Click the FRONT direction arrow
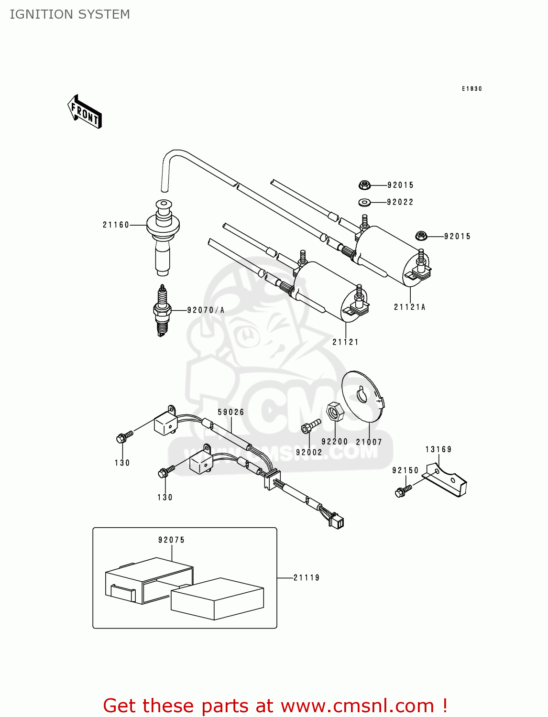pyautogui.click(x=85, y=112)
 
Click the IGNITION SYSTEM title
pyautogui.click(x=70, y=14)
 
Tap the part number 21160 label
pyautogui.click(x=116, y=225)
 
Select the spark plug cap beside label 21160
pyautogui.click(x=163, y=236)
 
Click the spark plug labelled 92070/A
pyautogui.click(x=163, y=311)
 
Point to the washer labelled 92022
pyautogui.click(x=364, y=203)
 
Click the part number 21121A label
pyautogui.click(x=409, y=307)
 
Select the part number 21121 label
pyautogui.click(x=345, y=342)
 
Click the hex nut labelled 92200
pyautogui.click(x=334, y=412)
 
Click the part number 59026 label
pyautogui.click(x=231, y=412)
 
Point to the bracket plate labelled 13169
pyautogui.click(x=447, y=479)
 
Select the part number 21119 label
pyautogui.click(x=307, y=577)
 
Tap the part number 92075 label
pyautogui.click(x=171, y=540)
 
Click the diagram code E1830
pyautogui.click(x=471, y=89)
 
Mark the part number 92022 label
pyautogui.click(x=400, y=202)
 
